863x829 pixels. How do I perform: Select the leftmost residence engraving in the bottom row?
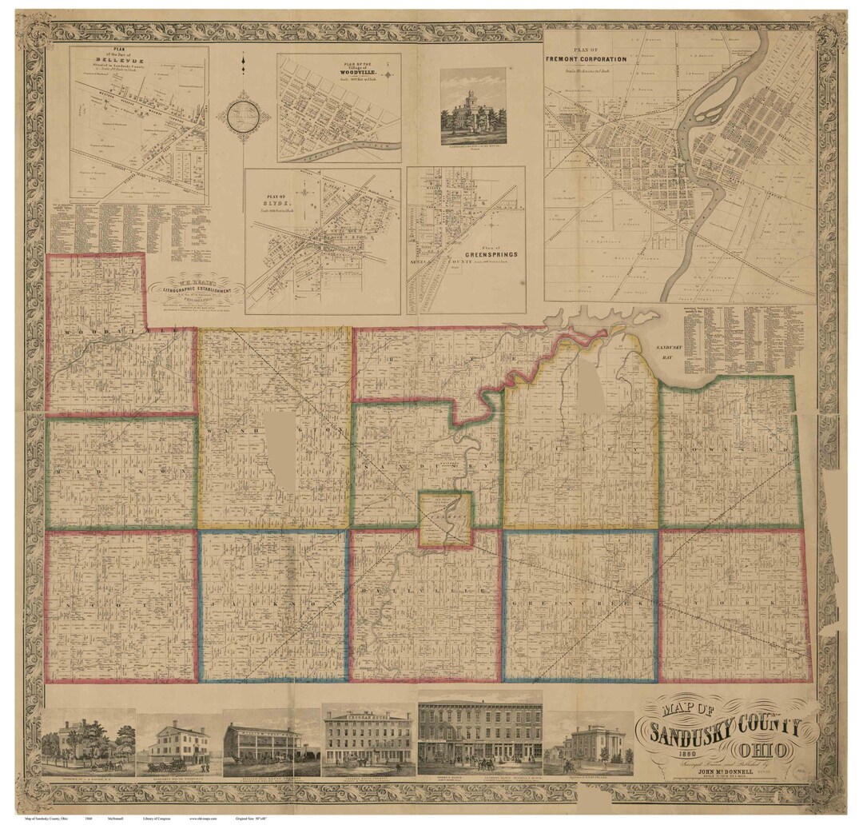point(88,743)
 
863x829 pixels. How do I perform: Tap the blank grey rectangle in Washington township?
point(280,452)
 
